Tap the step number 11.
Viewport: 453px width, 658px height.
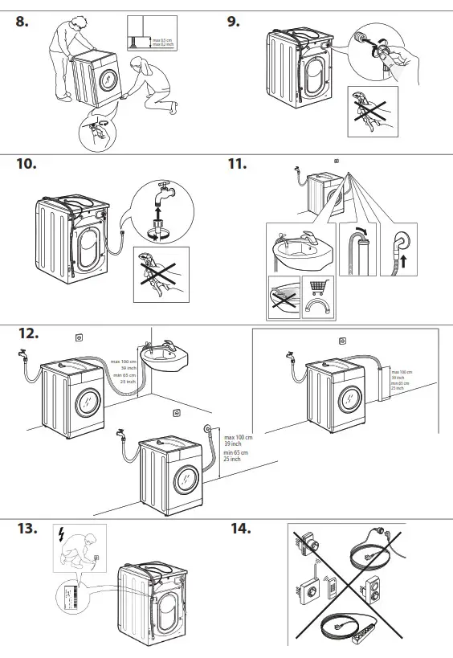click(x=236, y=165)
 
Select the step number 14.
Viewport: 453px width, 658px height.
click(x=240, y=529)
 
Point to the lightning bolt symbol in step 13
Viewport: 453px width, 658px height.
click(x=62, y=533)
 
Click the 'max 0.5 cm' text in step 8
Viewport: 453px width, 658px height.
click(x=162, y=39)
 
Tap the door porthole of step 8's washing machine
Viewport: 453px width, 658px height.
click(x=108, y=79)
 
